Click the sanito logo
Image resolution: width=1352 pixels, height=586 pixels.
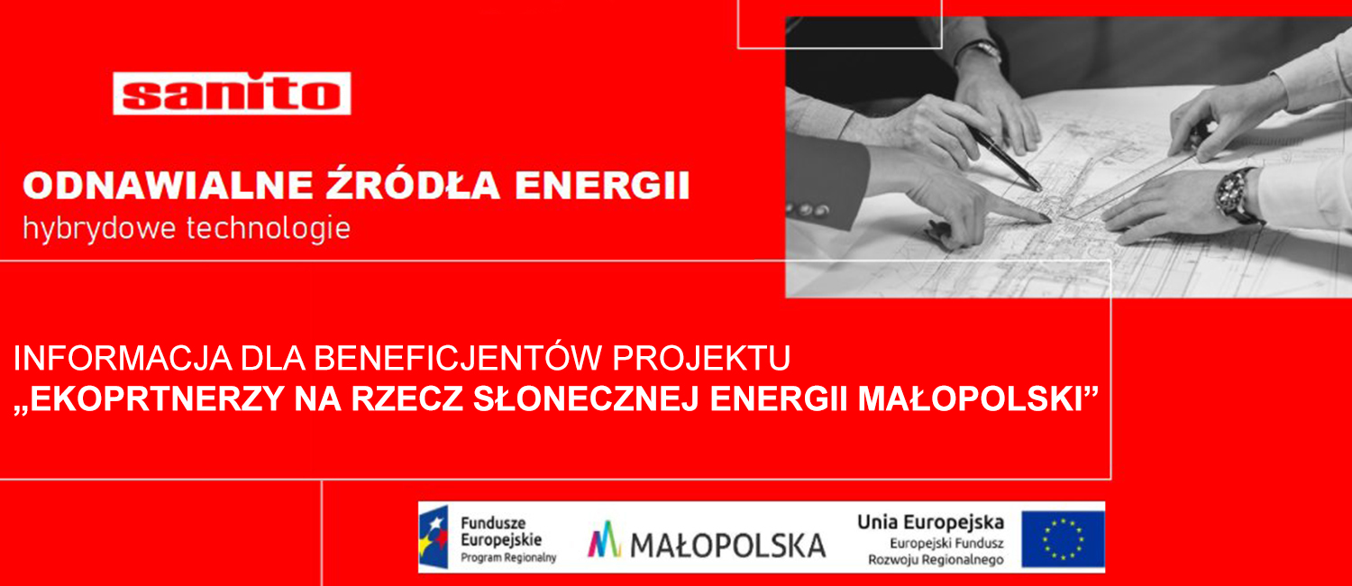(232, 93)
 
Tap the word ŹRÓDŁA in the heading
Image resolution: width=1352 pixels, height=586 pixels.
(413, 183)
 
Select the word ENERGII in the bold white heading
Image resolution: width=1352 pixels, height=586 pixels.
(602, 186)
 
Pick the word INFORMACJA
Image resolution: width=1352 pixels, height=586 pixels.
(123, 359)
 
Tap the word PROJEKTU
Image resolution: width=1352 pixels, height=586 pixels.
(701, 359)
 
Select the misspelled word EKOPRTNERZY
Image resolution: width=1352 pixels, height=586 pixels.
(157, 398)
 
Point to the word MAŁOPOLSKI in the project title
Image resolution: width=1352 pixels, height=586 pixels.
(970, 398)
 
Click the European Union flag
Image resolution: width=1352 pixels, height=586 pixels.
(1063, 539)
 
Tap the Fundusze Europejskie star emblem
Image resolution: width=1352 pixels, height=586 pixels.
(434, 537)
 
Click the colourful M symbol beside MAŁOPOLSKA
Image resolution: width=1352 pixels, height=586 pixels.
(604, 539)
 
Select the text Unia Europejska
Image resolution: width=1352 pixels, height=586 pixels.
(931, 522)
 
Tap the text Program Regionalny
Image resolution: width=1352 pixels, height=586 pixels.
(508, 558)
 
